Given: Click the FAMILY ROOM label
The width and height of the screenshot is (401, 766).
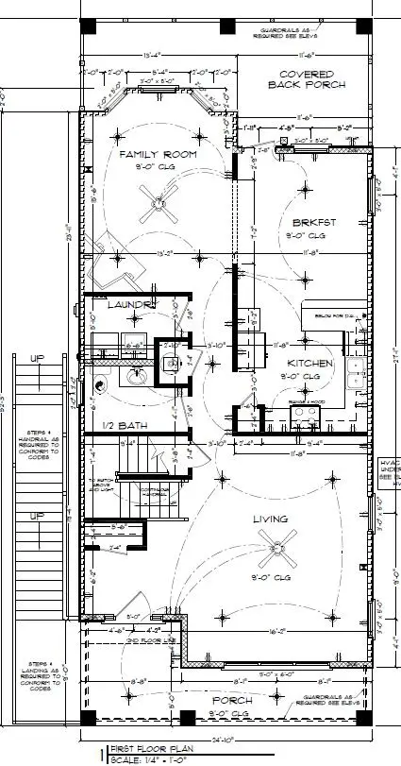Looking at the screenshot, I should [158, 153].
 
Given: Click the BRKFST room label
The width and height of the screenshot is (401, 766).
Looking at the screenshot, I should [315, 223].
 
